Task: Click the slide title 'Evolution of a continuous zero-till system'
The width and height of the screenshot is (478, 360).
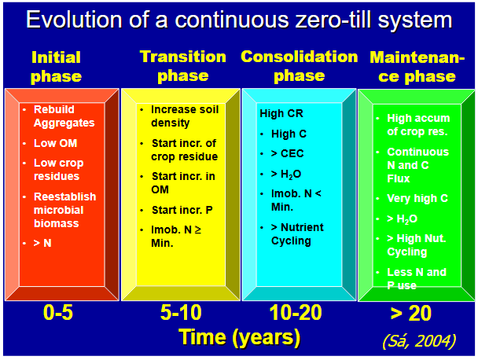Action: point(239,20)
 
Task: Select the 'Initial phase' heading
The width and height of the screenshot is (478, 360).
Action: point(56,67)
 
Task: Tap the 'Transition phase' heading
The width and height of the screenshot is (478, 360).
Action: point(182,66)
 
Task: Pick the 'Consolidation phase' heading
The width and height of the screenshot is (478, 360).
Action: point(300,66)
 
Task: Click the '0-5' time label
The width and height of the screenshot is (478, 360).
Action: point(60,313)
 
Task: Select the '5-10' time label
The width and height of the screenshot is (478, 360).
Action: point(181,313)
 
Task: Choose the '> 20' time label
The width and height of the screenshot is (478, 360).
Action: point(410,313)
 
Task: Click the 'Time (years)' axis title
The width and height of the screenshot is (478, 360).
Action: point(239,337)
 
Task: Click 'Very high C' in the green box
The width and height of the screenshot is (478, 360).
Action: point(417,199)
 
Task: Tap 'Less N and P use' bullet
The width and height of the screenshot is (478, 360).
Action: point(416,279)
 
